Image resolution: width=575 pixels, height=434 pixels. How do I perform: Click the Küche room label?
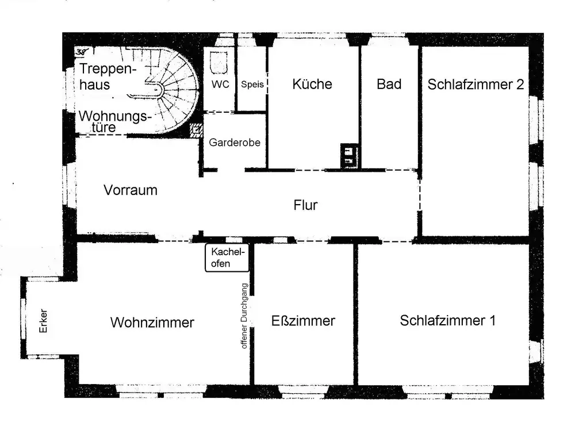(x=312, y=84)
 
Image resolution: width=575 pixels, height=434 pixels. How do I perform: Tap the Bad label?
(x=389, y=84)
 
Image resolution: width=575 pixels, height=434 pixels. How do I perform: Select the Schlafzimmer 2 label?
(x=476, y=84)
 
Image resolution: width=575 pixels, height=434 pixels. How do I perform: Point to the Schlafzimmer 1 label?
(x=447, y=320)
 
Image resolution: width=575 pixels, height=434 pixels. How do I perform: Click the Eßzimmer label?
(x=303, y=321)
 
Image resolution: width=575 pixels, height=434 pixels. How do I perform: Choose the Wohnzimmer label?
(x=152, y=322)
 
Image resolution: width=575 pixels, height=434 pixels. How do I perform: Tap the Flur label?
(x=305, y=205)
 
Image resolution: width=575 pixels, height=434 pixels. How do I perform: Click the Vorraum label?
(x=131, y=190)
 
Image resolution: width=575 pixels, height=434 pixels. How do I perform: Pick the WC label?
(x=220, y=85)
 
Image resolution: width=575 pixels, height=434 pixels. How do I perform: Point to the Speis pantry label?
(x=252, y=85)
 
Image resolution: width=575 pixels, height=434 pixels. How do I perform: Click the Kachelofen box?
(x=227, y=258)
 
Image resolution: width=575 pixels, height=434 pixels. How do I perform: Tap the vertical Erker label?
(x=43, y=324)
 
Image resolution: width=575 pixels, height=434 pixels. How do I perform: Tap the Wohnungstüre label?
(x=114, y=121)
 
